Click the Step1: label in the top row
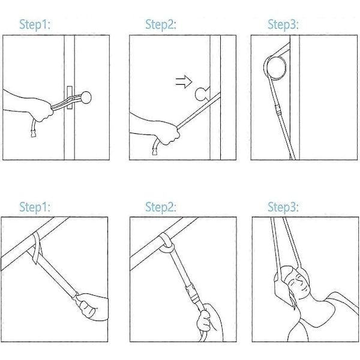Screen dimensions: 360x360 [35, 25]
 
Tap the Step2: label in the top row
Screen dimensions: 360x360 [161, 25]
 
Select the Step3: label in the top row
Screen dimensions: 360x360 [283, 25]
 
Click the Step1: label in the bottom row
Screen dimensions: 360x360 [35, 207]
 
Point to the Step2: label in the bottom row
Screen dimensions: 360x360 [161, 207]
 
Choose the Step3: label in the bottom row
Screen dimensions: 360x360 [283, 207]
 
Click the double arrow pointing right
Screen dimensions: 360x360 [184, 82]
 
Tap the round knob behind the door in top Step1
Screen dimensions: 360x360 [86, 97]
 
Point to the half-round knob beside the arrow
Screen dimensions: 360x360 [202, 94]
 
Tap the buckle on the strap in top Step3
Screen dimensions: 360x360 [278, 109]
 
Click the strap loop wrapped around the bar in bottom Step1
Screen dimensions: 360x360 [37, 247]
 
